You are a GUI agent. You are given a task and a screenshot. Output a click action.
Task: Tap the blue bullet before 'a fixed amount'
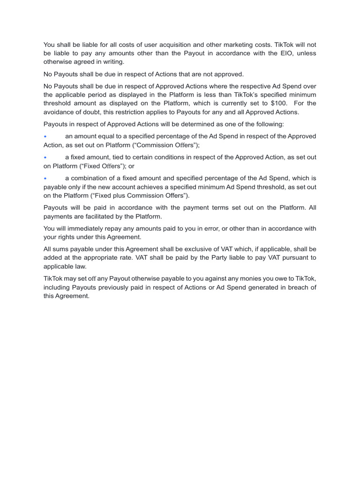[x=45, y=157]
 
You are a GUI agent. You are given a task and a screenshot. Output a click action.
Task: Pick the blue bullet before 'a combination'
[x=45, y=179]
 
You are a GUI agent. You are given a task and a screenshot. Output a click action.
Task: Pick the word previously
[x=109, y=287]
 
